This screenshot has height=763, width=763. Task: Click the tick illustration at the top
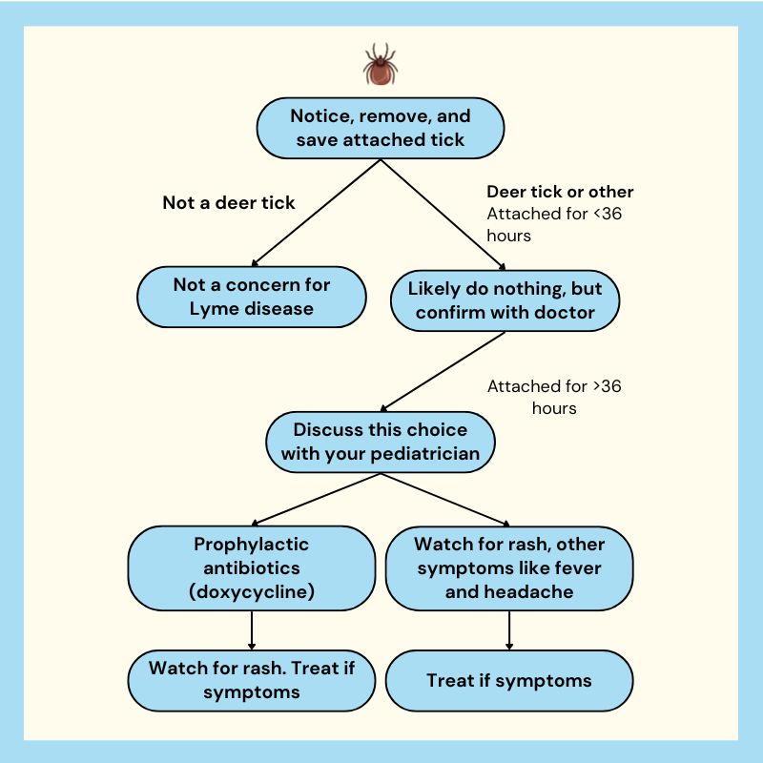pyautogui.click(x=381, y=64)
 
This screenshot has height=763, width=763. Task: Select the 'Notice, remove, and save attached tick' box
pyautogui.click(x=381, y=128)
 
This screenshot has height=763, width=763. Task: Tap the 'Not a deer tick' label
pyautogui.click(x=229, y=202)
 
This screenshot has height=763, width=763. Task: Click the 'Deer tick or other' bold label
pyautogui.click(x=560, y=192)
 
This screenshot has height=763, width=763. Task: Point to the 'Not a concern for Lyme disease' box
pyautogui.click(x=252, y=297)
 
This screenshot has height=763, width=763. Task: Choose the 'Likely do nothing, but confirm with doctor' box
pyautogui.click(x=505, y=300)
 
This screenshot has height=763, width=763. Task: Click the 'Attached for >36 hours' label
pyautogui.click(x=554, y=397)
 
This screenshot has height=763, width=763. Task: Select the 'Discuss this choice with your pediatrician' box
pyautogui.click(x=381, y=442)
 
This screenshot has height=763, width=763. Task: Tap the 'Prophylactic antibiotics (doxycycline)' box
pyautogui.click(x=252, y=567)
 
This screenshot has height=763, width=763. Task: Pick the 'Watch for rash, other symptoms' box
pyautogui.click(x=509, y=567)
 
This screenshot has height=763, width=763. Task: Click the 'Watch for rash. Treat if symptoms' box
pyautogui.click(x=252, y=680)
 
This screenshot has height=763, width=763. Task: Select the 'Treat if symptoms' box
pyautogui.click(x=509, y=680)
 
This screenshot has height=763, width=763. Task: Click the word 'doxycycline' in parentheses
pyautogui.click(x=252, y=592)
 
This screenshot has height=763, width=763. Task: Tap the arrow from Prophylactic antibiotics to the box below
pyautogui.click(x=252, y=630)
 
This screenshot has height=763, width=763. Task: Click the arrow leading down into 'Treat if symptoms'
pyautogui.click(x=509, y=630)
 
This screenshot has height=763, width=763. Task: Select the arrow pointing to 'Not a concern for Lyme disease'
pyautogui.click(x=316, y=213)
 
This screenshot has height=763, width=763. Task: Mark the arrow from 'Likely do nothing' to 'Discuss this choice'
pyautogui.click(x=443, y=372)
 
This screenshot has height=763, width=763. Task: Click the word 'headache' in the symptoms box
pyautogui.click(x=534, y=591)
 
